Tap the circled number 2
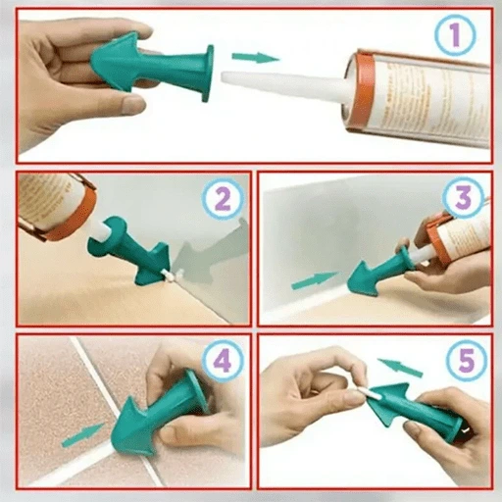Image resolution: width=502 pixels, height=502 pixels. pos(222,201)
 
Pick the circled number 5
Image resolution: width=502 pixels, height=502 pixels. pos(459,361)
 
